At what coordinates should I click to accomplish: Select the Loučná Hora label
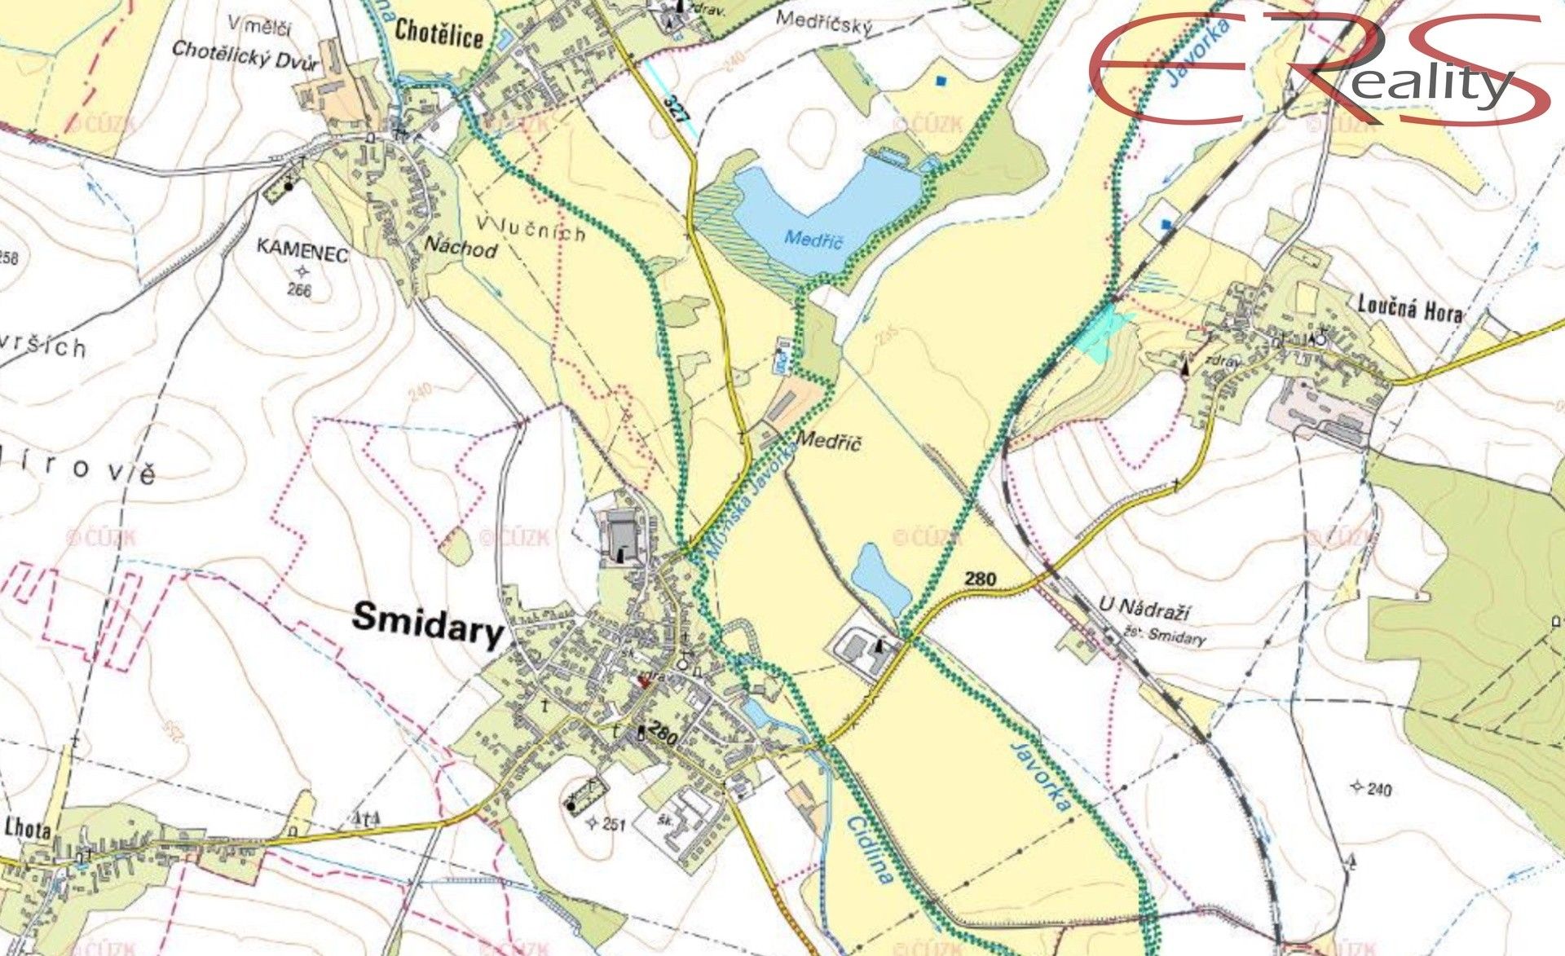click(x=1409, y=309)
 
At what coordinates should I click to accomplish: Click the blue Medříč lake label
click(x=813, y=239)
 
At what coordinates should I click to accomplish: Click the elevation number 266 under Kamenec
click(x=299, y=289)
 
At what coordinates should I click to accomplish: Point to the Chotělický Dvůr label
click(x=245, y=55)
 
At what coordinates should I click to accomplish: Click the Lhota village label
click(x=28, y=829)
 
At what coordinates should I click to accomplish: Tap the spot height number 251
click(x=613, y=824)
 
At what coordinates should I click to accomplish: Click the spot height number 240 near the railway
click(x=1379, y=788)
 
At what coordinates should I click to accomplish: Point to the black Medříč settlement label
click(x=828, y=442)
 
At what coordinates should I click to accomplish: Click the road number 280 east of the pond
click(x=980, y=579)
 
